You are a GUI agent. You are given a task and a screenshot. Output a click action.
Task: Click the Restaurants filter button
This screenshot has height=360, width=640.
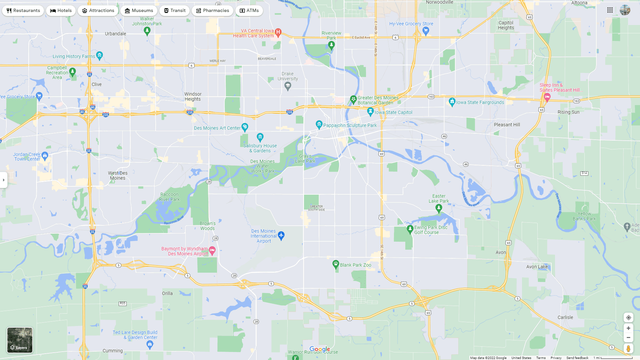point(23,11)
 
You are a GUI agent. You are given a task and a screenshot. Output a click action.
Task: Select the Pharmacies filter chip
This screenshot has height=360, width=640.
point(212,11)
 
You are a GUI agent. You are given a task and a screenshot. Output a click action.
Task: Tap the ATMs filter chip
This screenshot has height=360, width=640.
point(249,11)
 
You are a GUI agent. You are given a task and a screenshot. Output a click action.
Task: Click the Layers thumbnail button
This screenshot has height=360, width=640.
point(20,340)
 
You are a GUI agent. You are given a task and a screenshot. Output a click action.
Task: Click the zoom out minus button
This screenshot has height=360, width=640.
point(628,338)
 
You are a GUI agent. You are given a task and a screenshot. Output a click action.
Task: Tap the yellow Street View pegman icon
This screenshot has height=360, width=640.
point(628,349)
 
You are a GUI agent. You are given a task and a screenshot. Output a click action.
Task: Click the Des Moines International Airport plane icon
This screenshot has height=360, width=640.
point(281,236)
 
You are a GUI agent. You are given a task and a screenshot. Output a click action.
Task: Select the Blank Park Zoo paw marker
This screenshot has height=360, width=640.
point(336,265)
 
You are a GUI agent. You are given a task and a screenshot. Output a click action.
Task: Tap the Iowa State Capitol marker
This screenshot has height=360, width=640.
point(370,112)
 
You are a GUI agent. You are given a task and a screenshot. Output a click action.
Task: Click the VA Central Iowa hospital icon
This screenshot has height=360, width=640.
point(278,32)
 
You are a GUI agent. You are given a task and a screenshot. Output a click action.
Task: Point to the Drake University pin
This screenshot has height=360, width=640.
point(288,86)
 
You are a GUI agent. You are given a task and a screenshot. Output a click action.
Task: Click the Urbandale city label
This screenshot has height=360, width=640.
point(115,34)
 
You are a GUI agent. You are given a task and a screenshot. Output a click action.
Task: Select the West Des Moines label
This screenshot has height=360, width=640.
point(118,175)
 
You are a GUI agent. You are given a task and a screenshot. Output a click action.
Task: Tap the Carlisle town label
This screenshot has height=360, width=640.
point(565,317)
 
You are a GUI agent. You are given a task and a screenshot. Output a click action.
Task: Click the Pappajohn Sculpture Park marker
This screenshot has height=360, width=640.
point(319,125)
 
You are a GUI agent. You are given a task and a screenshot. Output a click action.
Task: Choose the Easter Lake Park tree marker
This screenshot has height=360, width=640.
point(439,209)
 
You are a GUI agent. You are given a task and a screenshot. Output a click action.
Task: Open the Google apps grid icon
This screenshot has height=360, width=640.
point(610,10)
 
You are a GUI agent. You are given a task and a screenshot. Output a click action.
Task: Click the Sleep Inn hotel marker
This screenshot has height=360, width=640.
point(547,97)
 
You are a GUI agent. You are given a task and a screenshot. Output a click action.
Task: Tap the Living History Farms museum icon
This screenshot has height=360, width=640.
point(99,55)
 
